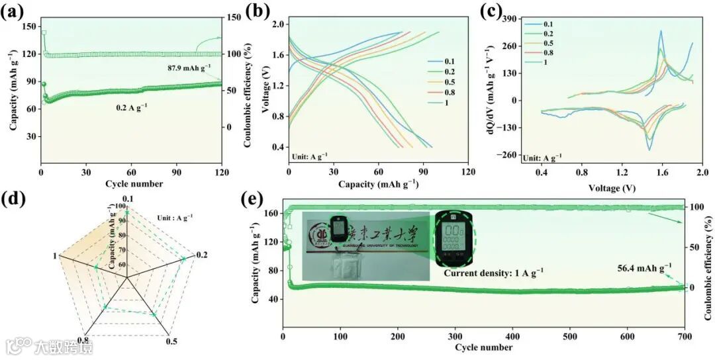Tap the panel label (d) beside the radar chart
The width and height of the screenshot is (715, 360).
(14, 199)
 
